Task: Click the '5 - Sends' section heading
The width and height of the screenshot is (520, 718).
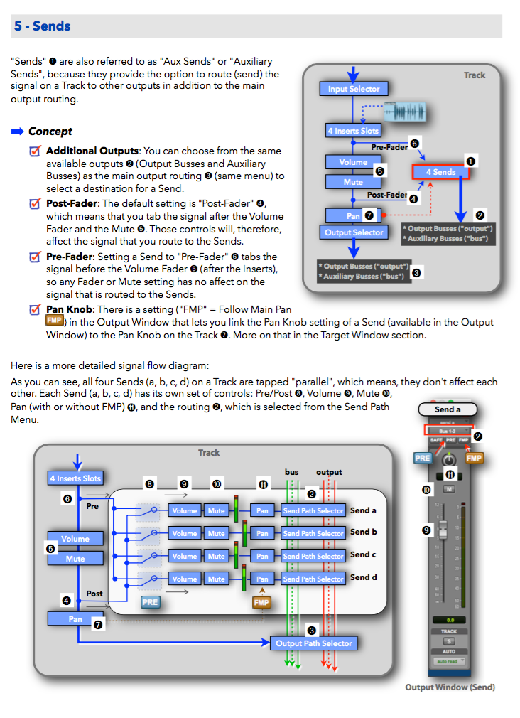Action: pos(42,26)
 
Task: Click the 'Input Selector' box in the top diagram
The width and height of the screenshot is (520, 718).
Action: pos(354,89)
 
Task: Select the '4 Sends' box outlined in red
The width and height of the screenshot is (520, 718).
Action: pos(440,172)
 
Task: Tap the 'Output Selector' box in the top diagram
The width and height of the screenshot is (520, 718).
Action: pos(354,232)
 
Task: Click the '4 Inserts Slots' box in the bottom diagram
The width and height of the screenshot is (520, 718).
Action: pos(75,478)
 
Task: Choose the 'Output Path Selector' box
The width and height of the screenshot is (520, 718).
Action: pos(313,643)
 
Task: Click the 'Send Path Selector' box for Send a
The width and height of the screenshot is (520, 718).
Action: pos(313,510)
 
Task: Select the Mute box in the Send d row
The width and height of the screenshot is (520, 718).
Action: pos(217,579)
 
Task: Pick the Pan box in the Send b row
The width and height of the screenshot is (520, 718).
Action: pos(262,533)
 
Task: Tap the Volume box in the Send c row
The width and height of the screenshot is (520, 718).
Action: pos(185,556)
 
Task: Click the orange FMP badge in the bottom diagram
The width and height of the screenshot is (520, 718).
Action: pos(261,603)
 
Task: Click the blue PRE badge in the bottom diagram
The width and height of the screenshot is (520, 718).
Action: pos(150,601)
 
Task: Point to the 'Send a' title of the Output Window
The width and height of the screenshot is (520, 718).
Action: pos(448,409)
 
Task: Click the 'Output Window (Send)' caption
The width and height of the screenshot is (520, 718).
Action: pos(450,687)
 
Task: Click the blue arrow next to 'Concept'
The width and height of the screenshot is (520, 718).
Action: pos(18,132)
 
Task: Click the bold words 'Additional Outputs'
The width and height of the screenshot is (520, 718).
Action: pos(92,151)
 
